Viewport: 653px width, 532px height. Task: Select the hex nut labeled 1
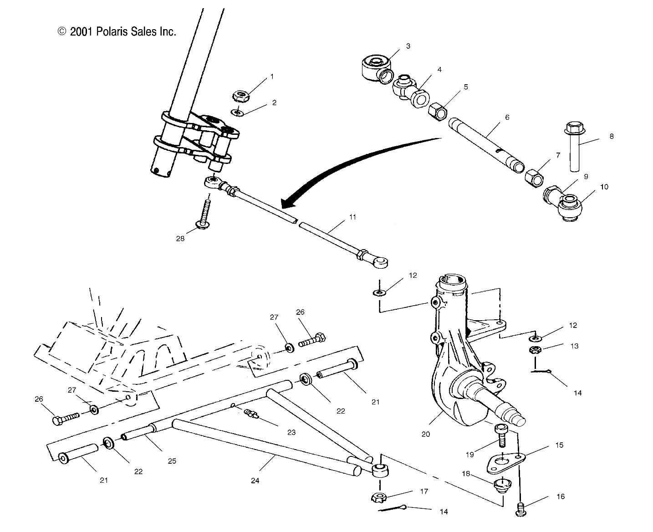[x=240, y=96]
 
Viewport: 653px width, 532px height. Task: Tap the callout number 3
[x=408, y=46]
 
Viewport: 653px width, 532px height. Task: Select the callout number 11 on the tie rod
[x=353, y=217]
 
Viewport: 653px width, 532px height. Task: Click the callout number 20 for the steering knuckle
[x=425, y=434]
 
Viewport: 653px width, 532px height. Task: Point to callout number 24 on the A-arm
[x=255, y=480]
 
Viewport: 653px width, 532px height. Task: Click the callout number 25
[x=172, y=461]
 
